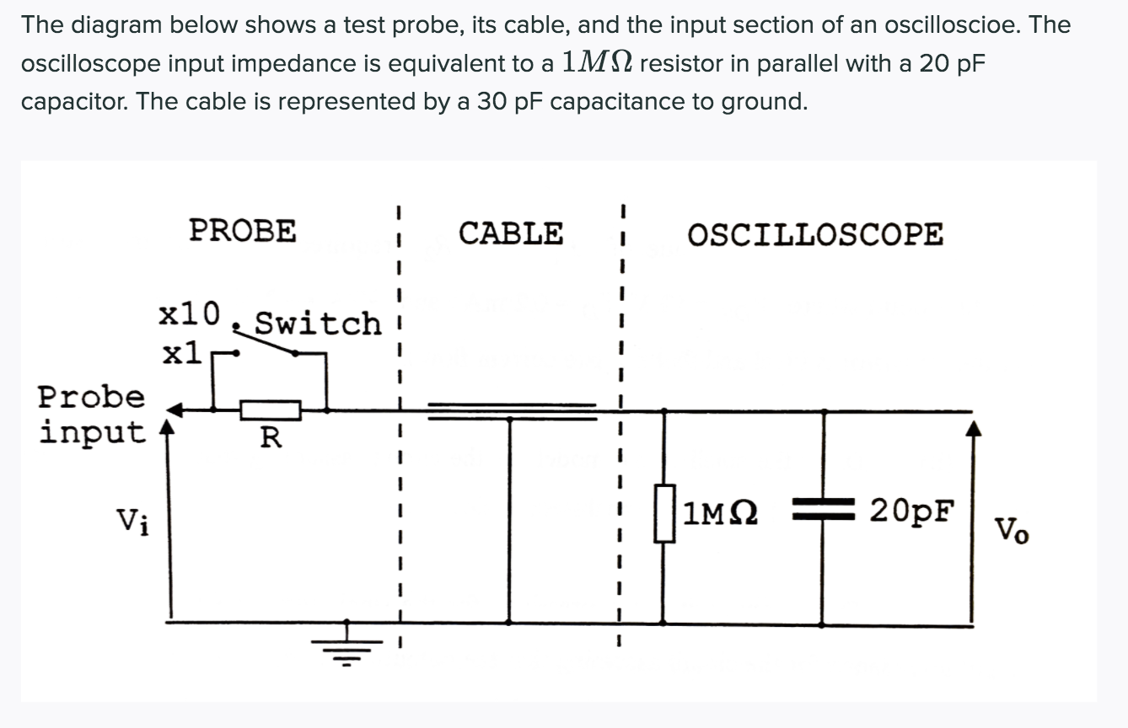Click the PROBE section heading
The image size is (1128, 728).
(x=243, y=230)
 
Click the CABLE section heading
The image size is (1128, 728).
(x=510, y=233)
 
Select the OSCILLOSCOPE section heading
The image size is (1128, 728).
(x=815, y=234)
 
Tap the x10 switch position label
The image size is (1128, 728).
(x=190, y=313)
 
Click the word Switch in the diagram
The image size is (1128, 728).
(x=318, y=323)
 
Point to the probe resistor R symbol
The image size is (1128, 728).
(x=271, y=410)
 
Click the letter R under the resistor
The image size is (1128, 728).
(x=271, y=437)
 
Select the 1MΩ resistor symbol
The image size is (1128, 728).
(x=665, y=514)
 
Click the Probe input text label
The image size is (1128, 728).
(x=91, y=414)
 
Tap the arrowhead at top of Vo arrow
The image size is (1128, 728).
(x=975, y=429)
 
